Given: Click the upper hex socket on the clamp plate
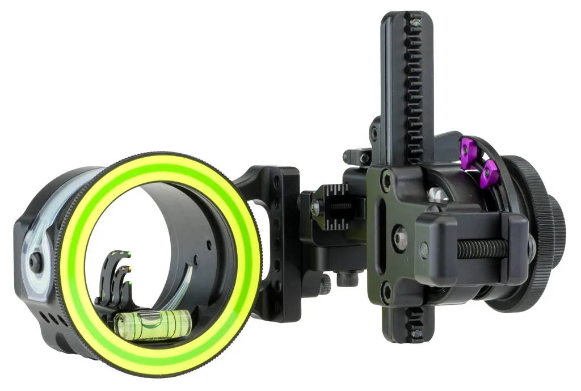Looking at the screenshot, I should point(387,181).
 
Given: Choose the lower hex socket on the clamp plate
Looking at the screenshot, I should point(387,293).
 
